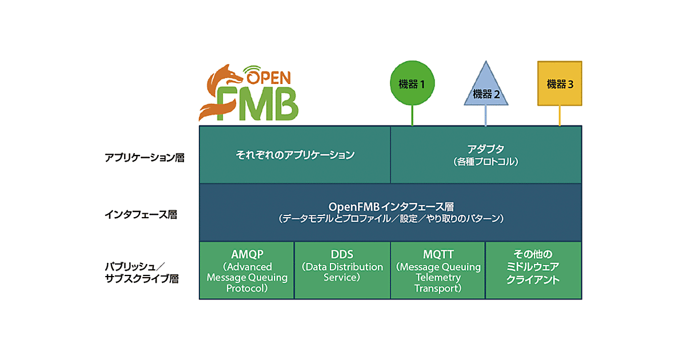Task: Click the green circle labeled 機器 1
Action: (x=412, y=84)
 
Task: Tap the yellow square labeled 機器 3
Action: (x=560, y=83)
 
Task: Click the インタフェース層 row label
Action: (x=141, y=215)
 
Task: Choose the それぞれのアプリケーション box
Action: (x=295, y=155)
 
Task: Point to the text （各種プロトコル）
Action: (x=485, y=162)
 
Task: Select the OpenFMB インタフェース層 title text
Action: (x=391, y=206)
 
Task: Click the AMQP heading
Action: (x=246, y=254)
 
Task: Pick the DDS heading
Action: (x=342, y=254)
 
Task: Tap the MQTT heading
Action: (x=438, y=254)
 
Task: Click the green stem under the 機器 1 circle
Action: (x=412, y=117)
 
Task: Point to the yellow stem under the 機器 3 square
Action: (x=560, y=116)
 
